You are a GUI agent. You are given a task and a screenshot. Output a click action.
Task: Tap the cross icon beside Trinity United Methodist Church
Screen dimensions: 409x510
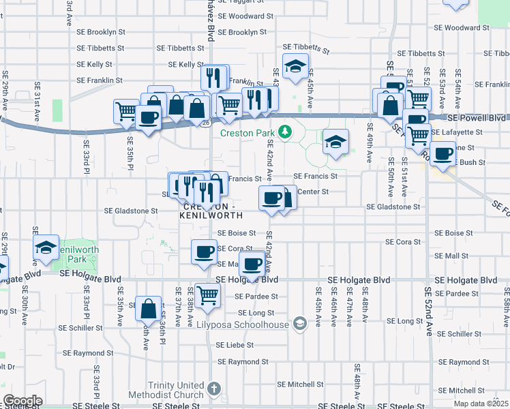pyautogui.click(x=215, y=389)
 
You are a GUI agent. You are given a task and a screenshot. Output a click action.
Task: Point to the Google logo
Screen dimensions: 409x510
pyautogui.click(x=22, y=401)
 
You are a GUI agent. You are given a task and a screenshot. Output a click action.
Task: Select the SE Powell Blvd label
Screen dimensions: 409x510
pyautogui.click(x=476, y=117)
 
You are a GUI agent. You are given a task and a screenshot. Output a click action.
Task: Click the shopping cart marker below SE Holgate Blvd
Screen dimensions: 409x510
pyautogui.click(x=207, y=295)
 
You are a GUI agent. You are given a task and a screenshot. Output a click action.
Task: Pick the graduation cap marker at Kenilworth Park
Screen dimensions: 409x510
pyautogui.click(x=46, y=247)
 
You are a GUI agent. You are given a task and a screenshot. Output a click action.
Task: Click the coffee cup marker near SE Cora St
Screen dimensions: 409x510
pyautogui.click(x=204, y=252)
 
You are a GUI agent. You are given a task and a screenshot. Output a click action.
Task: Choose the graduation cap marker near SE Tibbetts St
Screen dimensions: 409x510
pyautogui.click(x=295, y=66)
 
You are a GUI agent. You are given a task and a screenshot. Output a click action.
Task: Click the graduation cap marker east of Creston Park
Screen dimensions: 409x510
pyautogui.click(x=335, y=142)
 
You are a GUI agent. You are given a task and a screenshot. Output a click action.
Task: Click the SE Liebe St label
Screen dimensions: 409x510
pyautogui.click(x=235, y=345)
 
